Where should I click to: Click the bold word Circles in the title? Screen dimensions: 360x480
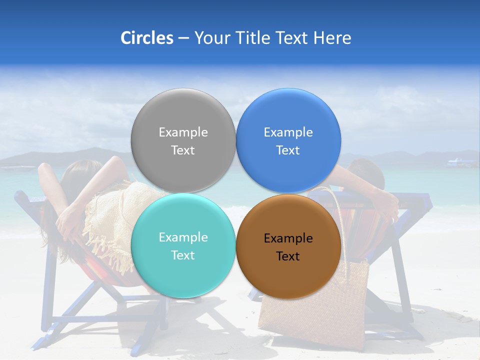point(146,38)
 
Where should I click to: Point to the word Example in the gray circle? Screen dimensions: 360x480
point(183,132)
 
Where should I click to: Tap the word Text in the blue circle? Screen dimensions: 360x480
point(288,150)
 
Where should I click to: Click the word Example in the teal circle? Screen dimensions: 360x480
point(183,237)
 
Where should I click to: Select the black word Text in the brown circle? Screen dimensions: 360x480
point(288,256)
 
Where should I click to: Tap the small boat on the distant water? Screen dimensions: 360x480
point(462,162)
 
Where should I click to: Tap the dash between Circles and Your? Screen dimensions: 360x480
point(183,38)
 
